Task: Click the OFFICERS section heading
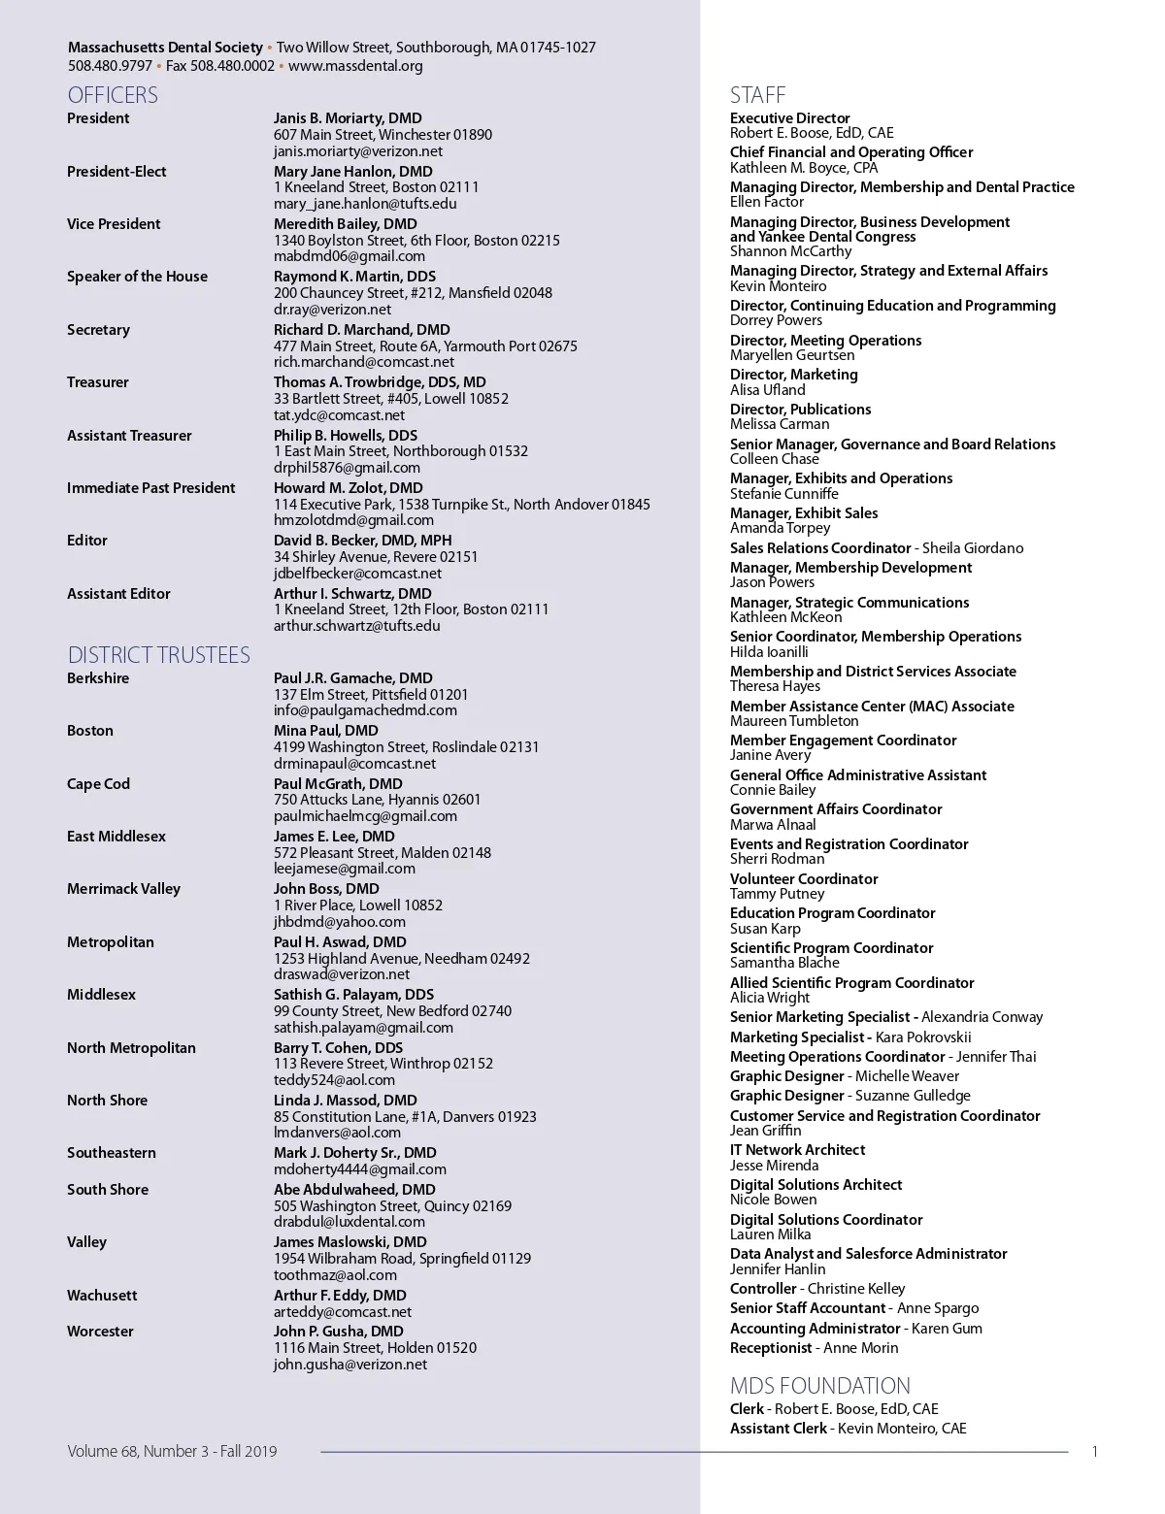(113, 95)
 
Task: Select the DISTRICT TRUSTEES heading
(159, 655)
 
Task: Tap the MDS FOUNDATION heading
(820, 1386)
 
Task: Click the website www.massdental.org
(355, 66)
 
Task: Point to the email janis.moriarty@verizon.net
(358, 151)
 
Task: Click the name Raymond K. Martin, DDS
(354, 277)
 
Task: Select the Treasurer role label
(98, 382)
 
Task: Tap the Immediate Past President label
(150, 488)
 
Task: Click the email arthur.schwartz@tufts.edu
(357, 626)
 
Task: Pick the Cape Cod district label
(98, 784)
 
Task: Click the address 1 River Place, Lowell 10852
(358, 905)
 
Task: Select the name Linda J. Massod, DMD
(346, 1101)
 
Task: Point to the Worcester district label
(100, 1332)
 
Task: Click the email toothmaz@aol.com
(335, 1275)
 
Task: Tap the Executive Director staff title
(790, 118)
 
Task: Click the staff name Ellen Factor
(767, 202)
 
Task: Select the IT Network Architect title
(797, 1150)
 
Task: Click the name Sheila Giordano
(973, 548)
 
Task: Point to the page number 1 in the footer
(1095, 1452)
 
